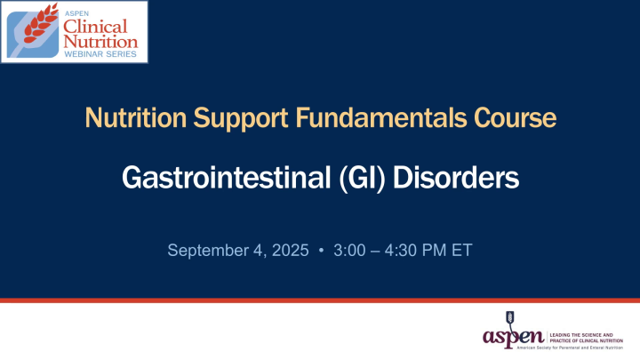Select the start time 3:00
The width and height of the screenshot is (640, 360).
(351, 251)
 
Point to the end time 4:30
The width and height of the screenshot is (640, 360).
(405, 251)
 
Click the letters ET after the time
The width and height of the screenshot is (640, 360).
(461, 251)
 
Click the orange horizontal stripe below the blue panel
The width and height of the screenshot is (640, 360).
(320, 300)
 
